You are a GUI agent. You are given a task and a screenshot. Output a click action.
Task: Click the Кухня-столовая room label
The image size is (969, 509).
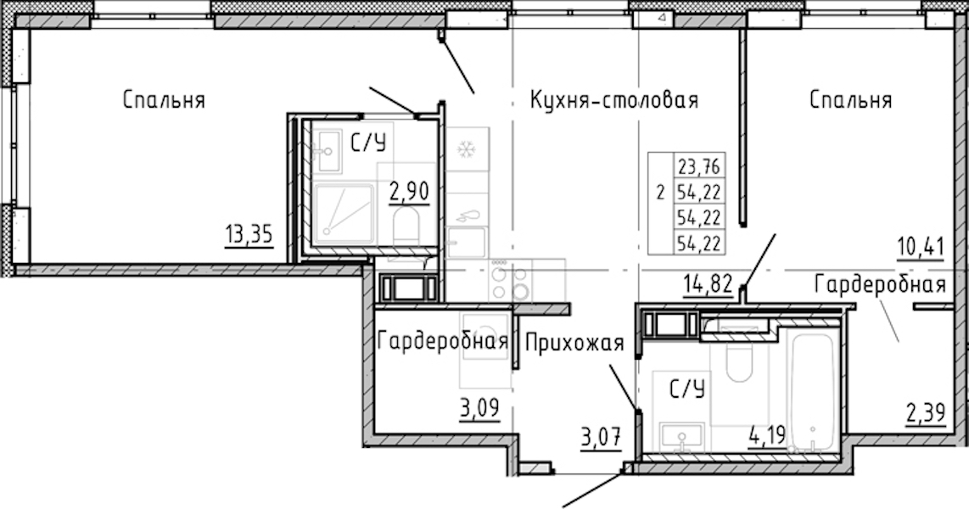point(614,99)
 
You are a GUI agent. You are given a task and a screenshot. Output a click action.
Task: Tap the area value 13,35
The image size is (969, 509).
point(249,234)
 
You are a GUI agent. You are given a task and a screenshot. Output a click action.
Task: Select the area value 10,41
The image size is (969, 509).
point(921,247)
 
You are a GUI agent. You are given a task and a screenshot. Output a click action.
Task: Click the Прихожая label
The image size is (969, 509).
point(574,343)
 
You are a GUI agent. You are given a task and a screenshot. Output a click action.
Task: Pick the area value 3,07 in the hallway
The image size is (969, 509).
point(600,439)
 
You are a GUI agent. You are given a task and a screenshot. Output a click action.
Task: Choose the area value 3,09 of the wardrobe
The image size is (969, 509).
point(479,408)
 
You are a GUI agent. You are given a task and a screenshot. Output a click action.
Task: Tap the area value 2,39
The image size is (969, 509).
point(926,412)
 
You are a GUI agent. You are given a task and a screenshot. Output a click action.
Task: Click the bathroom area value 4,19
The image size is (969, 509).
point(767,435)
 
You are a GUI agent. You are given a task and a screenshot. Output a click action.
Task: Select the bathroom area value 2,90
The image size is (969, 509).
point(408,192)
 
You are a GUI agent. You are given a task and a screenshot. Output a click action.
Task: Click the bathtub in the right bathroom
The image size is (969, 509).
point(811,393)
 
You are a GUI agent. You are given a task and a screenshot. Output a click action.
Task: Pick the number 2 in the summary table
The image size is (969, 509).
point(661,192)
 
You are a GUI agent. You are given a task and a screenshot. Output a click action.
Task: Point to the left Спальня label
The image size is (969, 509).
point(164,99)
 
